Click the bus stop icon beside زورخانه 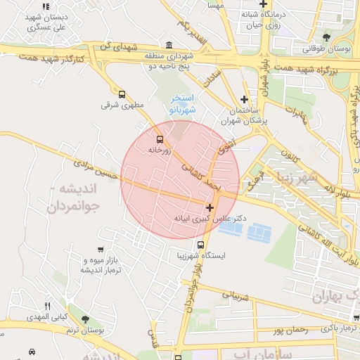click(x=160, y=139)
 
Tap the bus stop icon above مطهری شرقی click(x=122, y=94)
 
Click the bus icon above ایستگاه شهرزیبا click(x=201, y=245)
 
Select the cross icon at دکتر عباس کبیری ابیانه click(x=210, y=207)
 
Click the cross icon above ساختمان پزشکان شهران click(x=244, y=99)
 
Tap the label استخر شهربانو click(x=182, y=105)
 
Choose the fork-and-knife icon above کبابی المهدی click(x=48, y=306)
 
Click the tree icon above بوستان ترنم click(x=86, y=319)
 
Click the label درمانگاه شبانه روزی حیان click(x=261, y=18)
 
